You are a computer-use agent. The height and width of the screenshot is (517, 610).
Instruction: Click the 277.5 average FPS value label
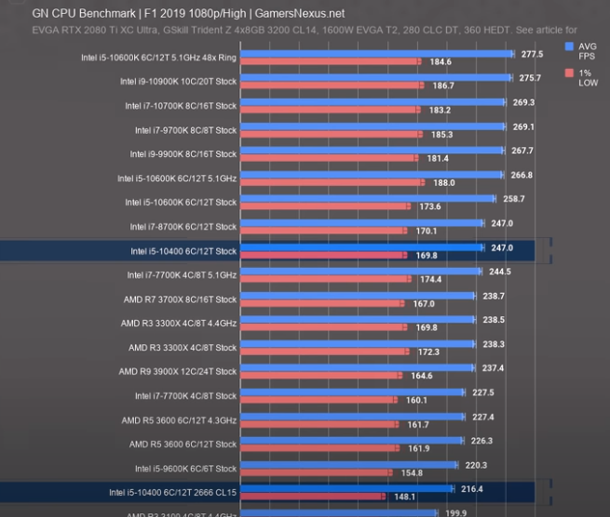pyautogui.click(x=532, y=54)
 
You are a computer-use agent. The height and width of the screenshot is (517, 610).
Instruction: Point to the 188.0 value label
pyautogui.click(x=443, y=183)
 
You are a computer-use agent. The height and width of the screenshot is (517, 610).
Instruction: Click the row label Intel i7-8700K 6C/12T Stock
pyautogui.click(x=184, y=227)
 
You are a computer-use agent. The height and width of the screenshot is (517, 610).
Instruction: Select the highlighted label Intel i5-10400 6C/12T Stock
pyautogui.click(x=184, y=251)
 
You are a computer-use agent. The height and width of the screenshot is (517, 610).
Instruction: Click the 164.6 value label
pyautogui.click(x=422, y=377)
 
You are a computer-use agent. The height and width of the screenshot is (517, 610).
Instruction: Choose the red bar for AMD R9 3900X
pyautogui.click(x=320, y=377)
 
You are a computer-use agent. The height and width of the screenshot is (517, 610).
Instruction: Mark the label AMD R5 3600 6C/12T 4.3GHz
pyautogui.click(x=179, y=420)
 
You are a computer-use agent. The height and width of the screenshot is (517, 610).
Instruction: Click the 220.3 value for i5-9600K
pyautogui.click(x=478, y=465)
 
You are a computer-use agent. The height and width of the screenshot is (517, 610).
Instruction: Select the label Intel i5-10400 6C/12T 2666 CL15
pyautogui.click(x=173, y=492)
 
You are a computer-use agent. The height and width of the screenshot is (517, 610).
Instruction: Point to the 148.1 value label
pyautogui.click(x=406, y=497)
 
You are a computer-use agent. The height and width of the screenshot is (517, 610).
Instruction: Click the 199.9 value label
pyautogui.click(x=455, y=512)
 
